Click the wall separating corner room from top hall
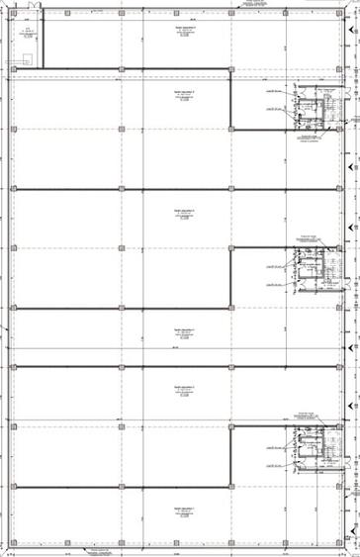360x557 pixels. click(45, 44)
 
